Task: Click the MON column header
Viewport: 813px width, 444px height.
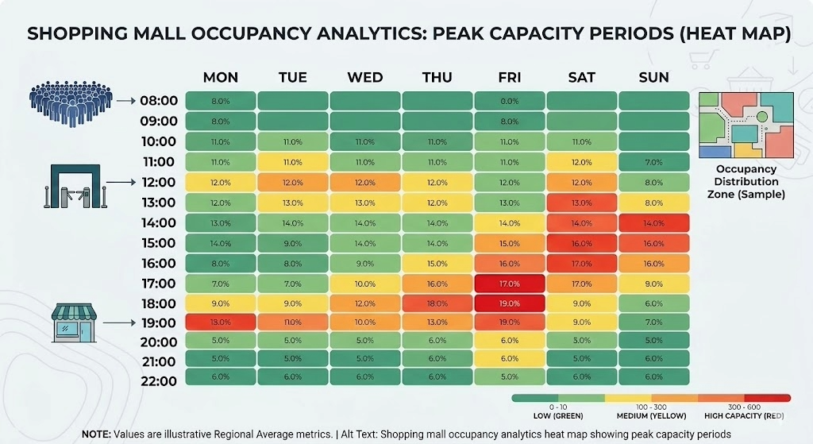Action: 220,77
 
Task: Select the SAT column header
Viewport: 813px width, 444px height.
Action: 582,77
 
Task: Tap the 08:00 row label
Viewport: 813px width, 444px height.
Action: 159,101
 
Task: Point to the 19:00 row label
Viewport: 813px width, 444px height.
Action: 159,322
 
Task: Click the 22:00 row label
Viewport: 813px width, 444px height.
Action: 159,381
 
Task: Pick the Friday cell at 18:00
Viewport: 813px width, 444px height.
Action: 509,303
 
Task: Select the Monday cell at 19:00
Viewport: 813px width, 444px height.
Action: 220,322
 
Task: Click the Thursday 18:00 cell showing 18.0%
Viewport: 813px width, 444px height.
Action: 437,303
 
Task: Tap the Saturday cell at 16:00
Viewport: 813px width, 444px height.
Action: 582,263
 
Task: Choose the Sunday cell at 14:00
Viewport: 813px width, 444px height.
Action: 654,222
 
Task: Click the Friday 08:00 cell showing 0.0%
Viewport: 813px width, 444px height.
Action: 509,101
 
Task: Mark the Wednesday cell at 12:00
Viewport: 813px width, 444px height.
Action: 364,182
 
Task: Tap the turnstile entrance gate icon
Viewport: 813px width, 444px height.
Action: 73,187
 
